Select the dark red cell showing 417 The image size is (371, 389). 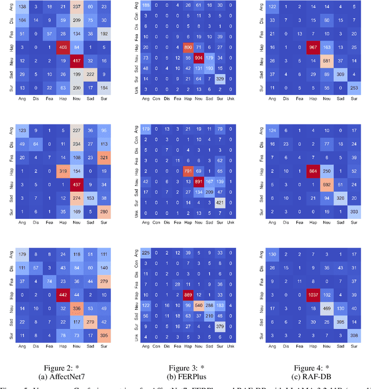tap(77, 60)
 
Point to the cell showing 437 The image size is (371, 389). tap(77, 186)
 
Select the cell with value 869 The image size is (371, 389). tap(188, 294)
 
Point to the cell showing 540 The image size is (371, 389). tap(198, 304)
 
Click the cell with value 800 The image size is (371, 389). tap(188, 47)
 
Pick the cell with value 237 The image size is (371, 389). tap(77, 7)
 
